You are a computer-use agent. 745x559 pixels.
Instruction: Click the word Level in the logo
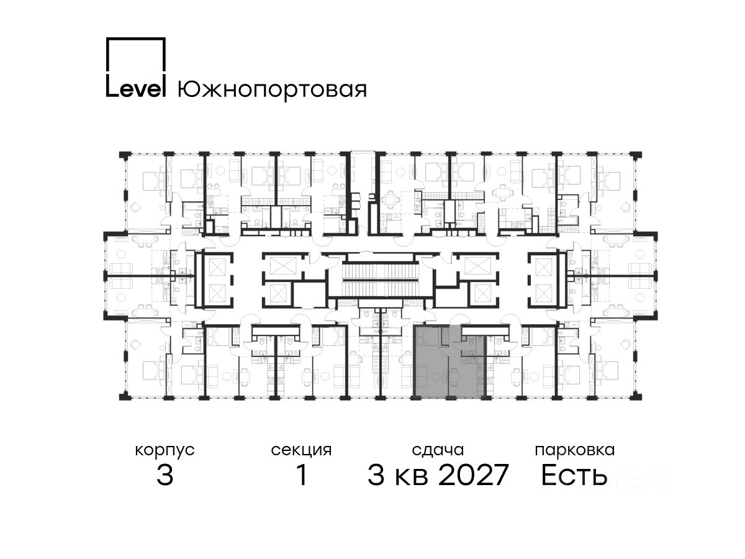(x=136, y=89)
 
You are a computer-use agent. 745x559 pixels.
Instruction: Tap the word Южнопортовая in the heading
(x=272, y=90)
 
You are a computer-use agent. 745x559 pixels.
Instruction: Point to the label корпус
(x=165, y=451)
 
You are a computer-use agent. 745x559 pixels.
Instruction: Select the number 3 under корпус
(x=165, y=475)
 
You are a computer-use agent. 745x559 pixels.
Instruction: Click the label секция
(x=301, y=451)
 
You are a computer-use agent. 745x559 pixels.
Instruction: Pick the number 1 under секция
(x=302, y=475)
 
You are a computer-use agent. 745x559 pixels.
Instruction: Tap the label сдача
(x=438, y=450)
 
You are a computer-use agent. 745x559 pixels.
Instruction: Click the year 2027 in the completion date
(x=474, y=475)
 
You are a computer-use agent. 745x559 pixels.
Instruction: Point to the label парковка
(x=575, y=451)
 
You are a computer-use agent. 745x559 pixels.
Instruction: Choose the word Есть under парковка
(x=574, y=475)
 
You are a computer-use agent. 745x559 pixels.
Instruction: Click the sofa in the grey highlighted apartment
(x=423, y=377)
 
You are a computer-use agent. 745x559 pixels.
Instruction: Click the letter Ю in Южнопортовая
(x=188, y=90)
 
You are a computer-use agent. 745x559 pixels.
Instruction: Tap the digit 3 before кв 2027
(x=376, y=475)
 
